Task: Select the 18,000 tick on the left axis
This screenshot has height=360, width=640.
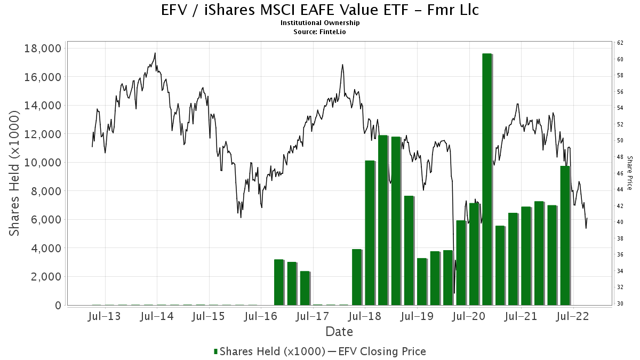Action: point(43,49)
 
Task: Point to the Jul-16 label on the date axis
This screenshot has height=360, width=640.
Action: point(261,317)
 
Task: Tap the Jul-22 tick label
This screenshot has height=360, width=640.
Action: point(573,317)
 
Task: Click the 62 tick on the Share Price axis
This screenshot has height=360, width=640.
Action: point(620,43)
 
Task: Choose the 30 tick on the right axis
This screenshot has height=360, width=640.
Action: point(620,303)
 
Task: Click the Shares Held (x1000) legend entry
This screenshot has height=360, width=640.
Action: point(269,351)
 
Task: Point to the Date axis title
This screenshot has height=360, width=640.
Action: point(339,332)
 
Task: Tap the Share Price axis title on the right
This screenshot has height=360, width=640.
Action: point(630,173)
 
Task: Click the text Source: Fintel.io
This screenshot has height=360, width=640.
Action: point(320,31)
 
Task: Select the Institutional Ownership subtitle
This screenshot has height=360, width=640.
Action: point(320,23)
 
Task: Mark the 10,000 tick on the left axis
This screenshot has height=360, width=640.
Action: point(43,163)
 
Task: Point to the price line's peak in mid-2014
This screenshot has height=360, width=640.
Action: point(155,53)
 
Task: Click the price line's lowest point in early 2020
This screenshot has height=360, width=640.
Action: point(454,293)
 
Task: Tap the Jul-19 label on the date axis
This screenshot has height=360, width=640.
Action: point(417,317)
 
